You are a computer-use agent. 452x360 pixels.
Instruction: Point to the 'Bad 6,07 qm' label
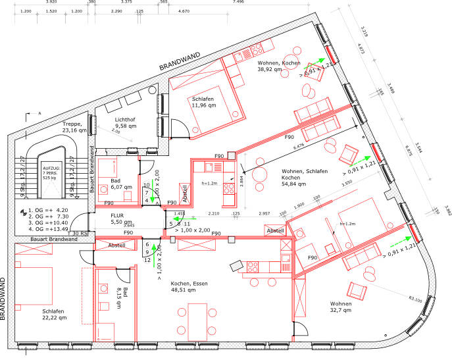(121, 184)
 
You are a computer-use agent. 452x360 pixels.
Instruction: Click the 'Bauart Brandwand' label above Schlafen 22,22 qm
(54, 239)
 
